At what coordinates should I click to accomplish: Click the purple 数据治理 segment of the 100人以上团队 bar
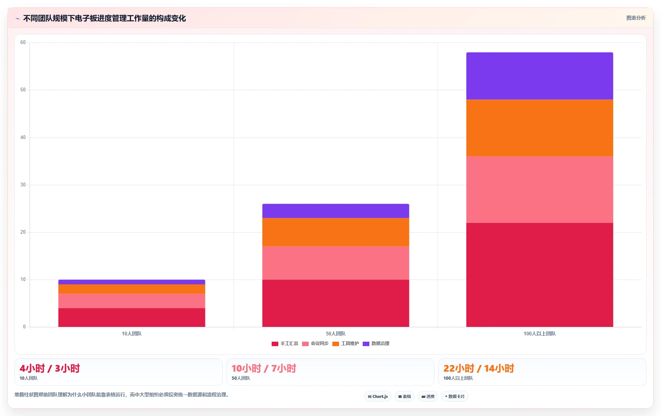coord(540,76)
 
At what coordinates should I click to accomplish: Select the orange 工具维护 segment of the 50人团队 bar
coord(336,232)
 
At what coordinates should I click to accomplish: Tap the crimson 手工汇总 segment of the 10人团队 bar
coord(132,318)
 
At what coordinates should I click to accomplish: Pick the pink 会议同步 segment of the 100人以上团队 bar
coord(540,190)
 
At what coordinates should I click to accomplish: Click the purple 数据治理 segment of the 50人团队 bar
coord(336,211)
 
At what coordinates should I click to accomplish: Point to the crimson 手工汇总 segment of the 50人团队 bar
coord(336,303)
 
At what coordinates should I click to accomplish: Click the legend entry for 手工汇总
coord(285,344)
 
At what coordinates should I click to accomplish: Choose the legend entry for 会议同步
coord(315,344)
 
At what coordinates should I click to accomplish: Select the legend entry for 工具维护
coord(346,344)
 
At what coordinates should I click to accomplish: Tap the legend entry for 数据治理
coord(376,344)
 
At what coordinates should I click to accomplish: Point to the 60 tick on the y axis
coord(23,43)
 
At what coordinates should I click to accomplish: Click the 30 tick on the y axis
coord(23,185)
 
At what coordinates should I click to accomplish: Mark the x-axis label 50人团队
coord(336,334)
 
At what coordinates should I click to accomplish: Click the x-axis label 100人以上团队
coord(540,334)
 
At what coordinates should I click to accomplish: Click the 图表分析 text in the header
coord(636,18)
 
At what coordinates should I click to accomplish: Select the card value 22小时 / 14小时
coord(479,368)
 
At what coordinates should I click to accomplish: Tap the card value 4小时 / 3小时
coord(50,368)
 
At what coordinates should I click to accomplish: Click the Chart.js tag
coord(378,396)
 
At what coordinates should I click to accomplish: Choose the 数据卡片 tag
coord(455,396)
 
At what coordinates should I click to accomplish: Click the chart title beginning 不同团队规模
coord(105,18)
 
